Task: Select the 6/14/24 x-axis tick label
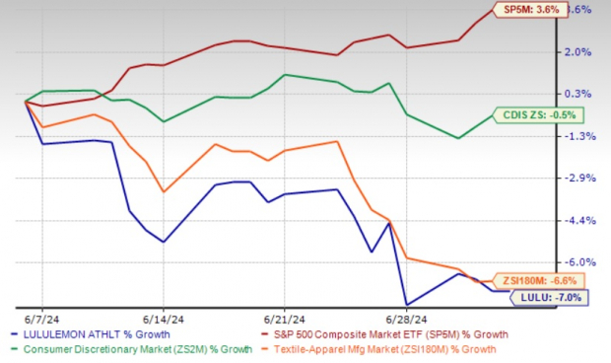(x=163, y=320)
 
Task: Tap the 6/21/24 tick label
(x=284, y=320)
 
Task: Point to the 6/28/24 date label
(x=406, y=320)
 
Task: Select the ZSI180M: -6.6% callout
(x=536, y=279)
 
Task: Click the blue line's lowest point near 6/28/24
(x=406, y=304)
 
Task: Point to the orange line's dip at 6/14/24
(x=163, y=191)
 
